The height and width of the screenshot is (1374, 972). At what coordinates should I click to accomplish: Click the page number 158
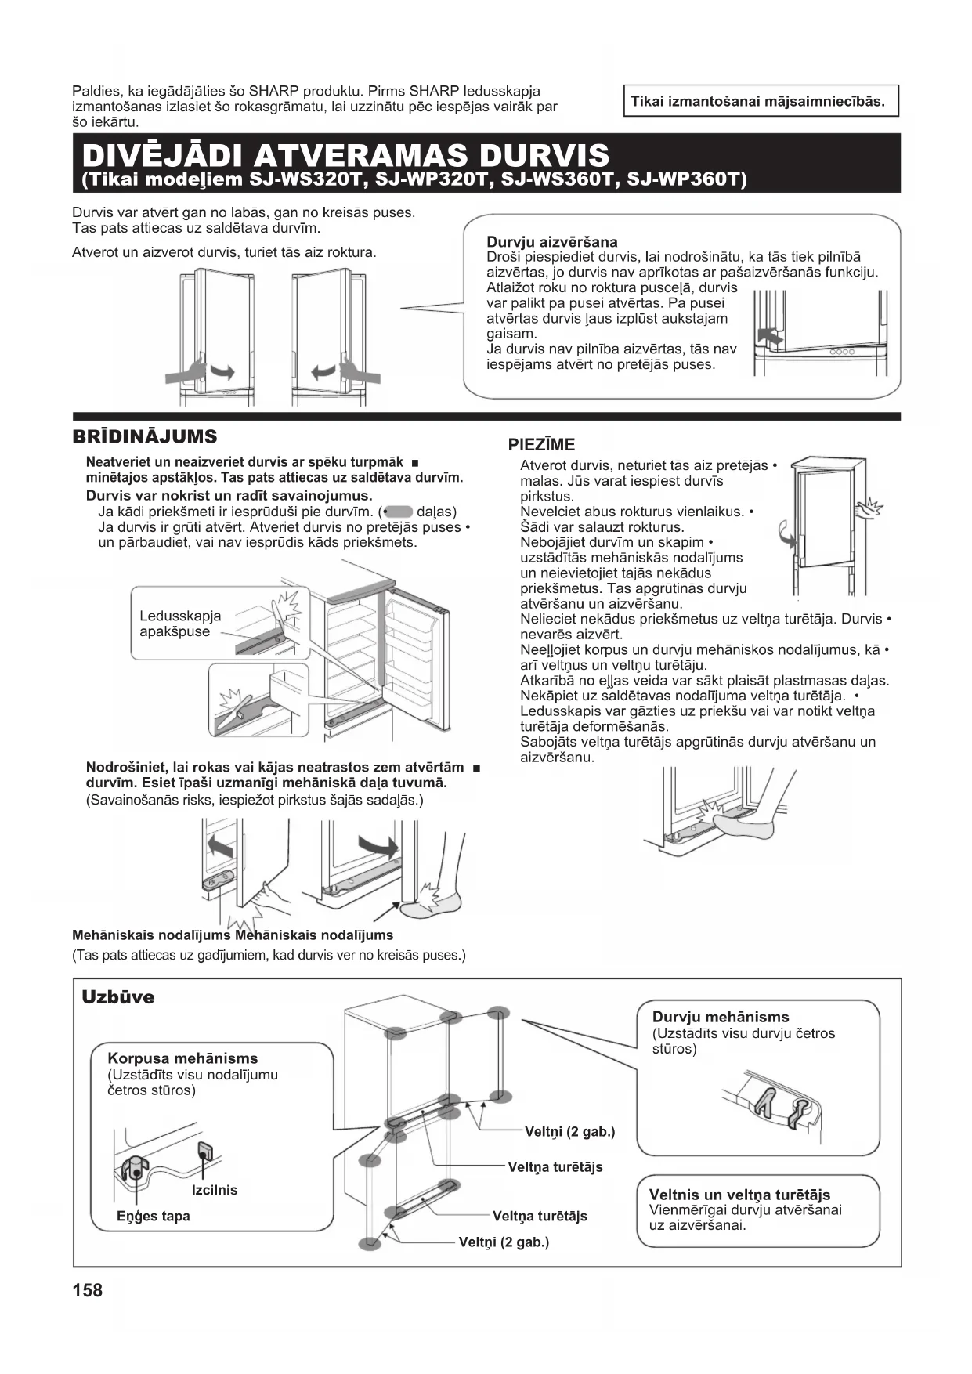[x=87, y=1289]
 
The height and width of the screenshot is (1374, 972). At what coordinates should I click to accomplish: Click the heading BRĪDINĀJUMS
[x=145, y=436]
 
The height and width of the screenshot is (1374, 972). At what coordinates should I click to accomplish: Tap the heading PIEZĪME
[x=541, y=445]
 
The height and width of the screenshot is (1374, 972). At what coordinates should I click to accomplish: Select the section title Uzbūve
[x=118, y=997]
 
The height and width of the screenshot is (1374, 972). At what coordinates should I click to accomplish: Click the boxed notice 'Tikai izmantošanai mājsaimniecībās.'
[x=758, y=101]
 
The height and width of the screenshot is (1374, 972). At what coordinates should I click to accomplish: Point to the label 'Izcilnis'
[x=214, y=1190]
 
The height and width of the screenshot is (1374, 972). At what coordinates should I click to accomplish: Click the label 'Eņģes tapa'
[x=154, y=1216]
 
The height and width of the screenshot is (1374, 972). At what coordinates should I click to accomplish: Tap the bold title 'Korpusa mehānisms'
[x=182, y=1058]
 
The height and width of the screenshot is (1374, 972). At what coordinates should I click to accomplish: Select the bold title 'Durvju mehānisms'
[x=721, y=1017]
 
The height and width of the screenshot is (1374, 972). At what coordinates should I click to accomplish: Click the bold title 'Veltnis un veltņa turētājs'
[x=739, y=1195]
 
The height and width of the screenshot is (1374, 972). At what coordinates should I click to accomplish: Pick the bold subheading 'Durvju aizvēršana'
[x=552, y=241]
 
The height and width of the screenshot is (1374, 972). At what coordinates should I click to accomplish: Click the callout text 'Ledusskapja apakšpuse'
[x=179, y=624]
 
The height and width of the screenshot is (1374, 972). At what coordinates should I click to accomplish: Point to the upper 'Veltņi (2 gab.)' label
[x=569, y=1131]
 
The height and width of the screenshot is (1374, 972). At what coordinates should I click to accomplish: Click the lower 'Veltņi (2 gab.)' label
[x=504, y=1242]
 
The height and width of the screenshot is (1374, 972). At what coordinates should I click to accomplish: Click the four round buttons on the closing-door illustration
[x=841, y=352]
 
